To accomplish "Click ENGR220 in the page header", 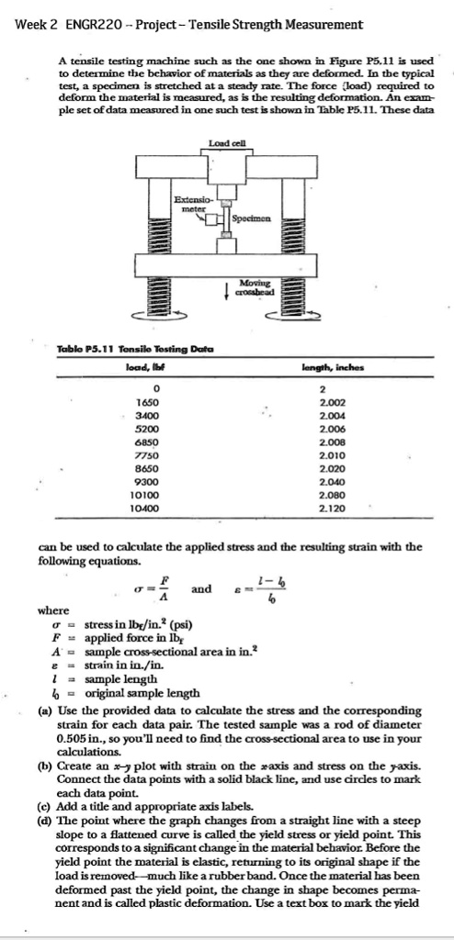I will pyautogui.click(x=96, y=24).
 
